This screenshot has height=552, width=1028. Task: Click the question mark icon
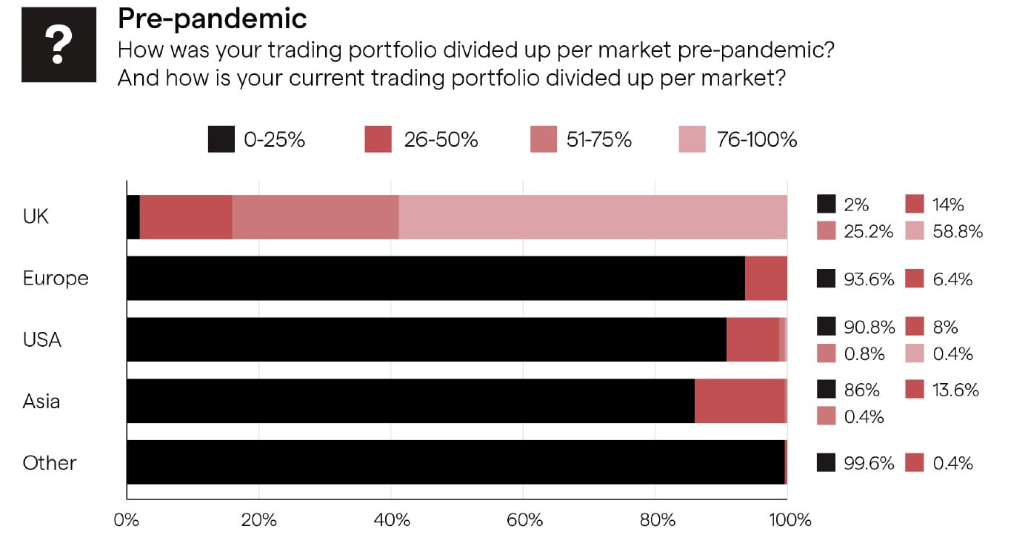[x=59, y=44]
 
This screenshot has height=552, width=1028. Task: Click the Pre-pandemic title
[x=212, y=18]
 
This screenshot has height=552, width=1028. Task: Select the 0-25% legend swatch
[x=221, y=139]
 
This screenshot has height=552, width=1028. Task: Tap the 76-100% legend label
[x=756, y=139]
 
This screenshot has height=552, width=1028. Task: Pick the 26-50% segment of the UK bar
[x=186, y=217]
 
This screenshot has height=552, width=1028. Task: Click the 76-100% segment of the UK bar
[x=593, y=217]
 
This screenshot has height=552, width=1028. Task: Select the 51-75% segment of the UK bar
[x=316, y=217]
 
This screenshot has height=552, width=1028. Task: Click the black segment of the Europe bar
[x=435, y=279]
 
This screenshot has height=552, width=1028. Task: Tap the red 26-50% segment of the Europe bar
[x=766, y=279]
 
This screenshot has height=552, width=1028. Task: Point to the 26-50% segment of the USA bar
[x=752, y=340]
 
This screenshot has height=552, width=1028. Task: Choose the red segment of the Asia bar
[x=739, y=402]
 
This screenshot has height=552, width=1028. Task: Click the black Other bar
[x=455, y=462]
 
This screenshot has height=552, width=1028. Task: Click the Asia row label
[x=41, y=402]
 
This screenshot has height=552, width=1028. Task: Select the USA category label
[x=42, y=340]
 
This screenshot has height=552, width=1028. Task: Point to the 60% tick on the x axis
[x=524, y=519]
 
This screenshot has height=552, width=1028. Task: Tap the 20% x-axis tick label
[x=258, y=519]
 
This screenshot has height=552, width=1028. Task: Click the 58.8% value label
[x=957, y=232]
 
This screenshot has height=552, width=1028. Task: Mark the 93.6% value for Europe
[x=869, y=279]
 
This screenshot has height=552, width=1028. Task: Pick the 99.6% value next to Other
[x=869, y=463]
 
